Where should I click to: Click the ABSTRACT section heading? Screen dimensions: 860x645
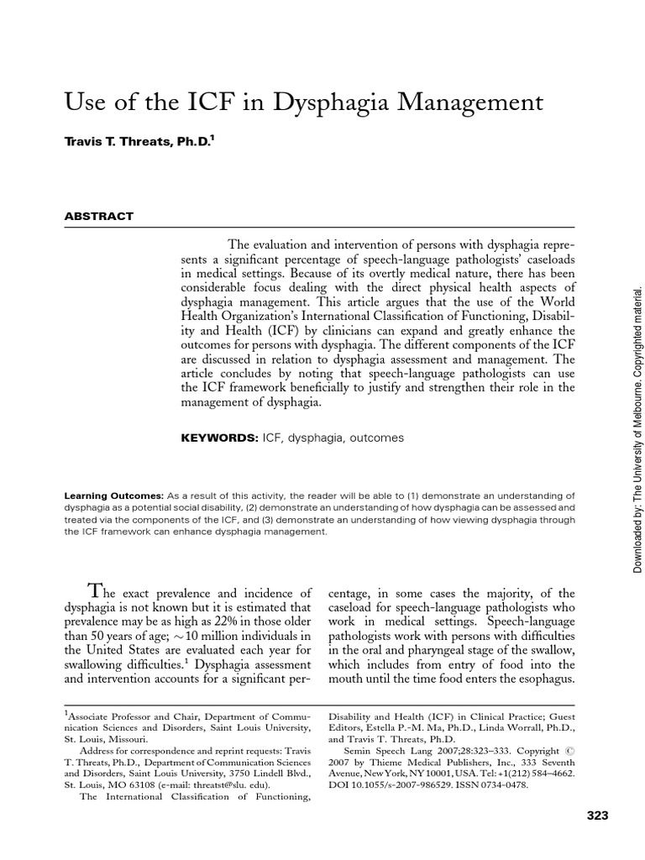(x=99, y=216)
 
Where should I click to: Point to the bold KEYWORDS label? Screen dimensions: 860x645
(x=219, y=438)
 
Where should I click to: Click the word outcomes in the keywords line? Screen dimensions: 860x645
(x=376, y=438)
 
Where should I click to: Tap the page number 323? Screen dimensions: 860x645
(x=597, y=815)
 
